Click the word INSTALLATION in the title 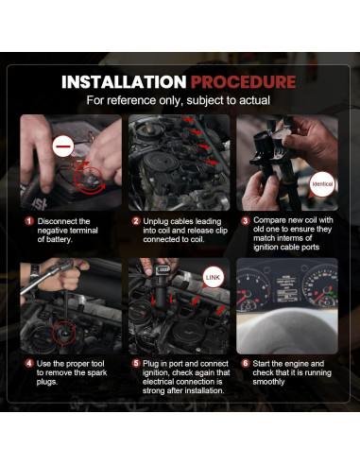click(124, 82)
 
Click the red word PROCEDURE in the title click(243, 82)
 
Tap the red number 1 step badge click(29, 221)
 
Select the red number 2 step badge click(136, 221)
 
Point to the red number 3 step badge click(246, 221)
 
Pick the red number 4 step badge click(29, 364)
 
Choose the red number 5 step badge click(136, 364)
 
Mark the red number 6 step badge click(246, 364)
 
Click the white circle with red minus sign click(63, 146)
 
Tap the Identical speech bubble click(322, 184)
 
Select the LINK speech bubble click(214, 278)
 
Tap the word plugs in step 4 click(46, 382)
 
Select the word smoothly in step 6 click(268, 382)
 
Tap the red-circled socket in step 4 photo click(64, 334)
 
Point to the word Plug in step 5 click(150, 364)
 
